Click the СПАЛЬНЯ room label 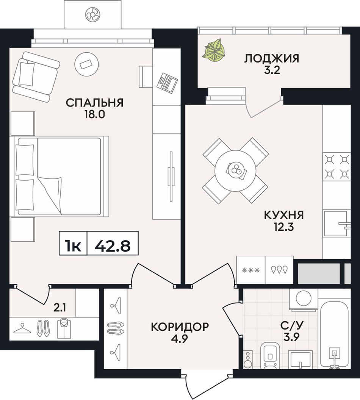click(95, 103)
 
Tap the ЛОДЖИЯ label click(271, 58)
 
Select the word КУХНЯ click(284, 215)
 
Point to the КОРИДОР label click(180, 327)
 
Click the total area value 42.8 click(113, 246)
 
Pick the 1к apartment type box click(73, 243)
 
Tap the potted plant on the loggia click(214, 50)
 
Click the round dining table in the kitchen click(235, 171)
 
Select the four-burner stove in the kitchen click(337, 167)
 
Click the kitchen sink click(337, 223)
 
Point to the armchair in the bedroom click(36, 77)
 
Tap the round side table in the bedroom click(87, 64)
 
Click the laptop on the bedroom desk click(167, 81)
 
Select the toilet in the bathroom click(271, 355)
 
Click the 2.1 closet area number click(60, 308)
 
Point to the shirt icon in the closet click(64, 329)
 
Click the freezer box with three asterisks click(251, 270)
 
